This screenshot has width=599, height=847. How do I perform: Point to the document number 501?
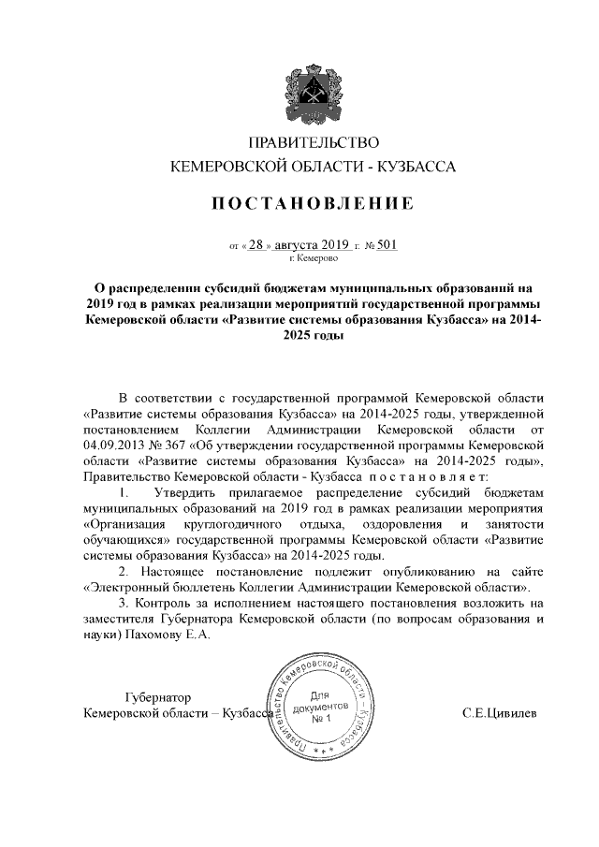pyautogui.click(x=387, y=245)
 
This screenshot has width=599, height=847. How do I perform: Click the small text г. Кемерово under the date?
pyautogui.click(x=313, y=258)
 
